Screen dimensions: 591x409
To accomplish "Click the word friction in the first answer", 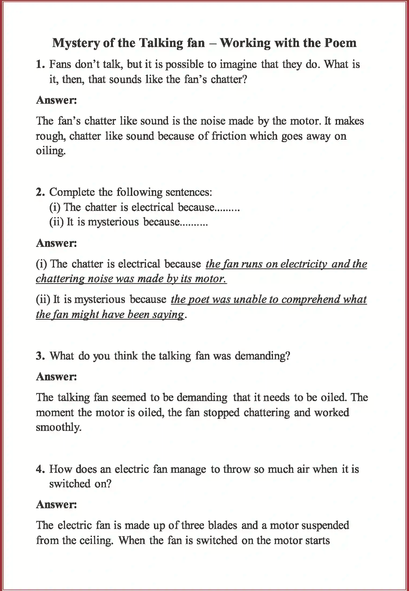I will coord(229,136).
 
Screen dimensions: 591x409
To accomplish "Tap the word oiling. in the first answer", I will coord(51,151).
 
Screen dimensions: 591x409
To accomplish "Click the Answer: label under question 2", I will coord(56,243).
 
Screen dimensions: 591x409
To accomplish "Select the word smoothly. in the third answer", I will coord(58,427).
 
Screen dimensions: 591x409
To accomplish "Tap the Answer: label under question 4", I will coord(56,504).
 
